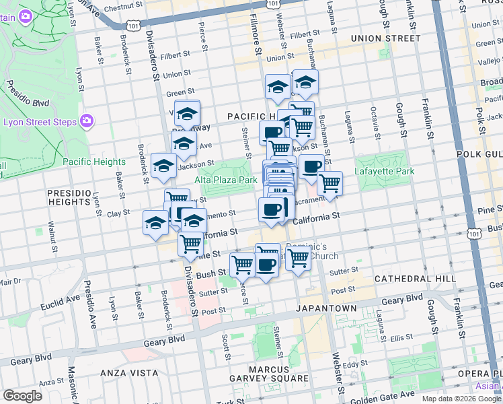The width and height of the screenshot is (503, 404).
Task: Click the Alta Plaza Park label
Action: pyautogui.click(x=226, y=180)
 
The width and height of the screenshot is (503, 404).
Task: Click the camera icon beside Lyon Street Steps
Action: pyautogui.click(x=87, y=121)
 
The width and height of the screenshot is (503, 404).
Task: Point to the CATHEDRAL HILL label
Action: pyautogui.click(x=408, y=279)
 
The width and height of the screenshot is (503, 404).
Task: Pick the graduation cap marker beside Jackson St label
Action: pyautogui.click(x=163, y=167)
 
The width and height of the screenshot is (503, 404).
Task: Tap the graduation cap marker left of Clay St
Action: pyautogui.click(x=155, y=222)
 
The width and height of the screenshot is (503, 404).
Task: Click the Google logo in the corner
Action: pyautogui.click(x=22, y=396)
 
